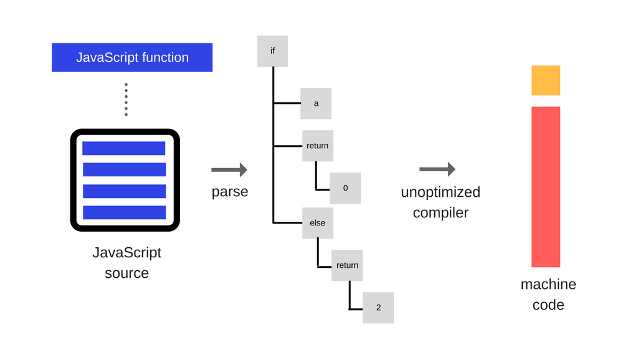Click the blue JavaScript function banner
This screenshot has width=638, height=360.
pyautogui.click(x=132, y=57)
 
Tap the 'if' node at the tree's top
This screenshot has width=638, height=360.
pyautogui.click(x=273, y=51)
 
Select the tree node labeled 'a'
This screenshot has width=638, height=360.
pyautogui.click(x=316, y=103)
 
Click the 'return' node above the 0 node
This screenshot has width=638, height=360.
pyautogui.click(x=318, y=146)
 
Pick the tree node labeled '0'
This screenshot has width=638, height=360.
pyautogui.click(x=345, y=188)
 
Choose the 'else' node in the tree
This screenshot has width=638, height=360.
pyautogui.click(x=318, y=223)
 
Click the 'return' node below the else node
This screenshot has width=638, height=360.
pyautogui.click(x=347, y=265)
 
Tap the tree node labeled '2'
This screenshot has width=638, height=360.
pyautogui.click(x=378, y=308)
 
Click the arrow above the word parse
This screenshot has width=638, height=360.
pyautogui.click(x=229, y=169)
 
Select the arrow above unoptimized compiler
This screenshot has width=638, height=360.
pyautogui.click(x=437, y=169)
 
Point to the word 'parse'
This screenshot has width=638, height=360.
pyautogui.click(x=230, y=192)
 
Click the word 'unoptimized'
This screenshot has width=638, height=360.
pyautogui.click(x=440, y=192)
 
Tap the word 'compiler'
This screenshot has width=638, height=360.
pyautogui.click(x=440, y=213)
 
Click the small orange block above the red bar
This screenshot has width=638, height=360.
pyautogui.click(x=546, y=80)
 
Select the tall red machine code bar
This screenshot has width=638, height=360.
pyautogui.click(x=546, y=187)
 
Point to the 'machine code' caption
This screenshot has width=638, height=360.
pyautogui.click(x=548, y=295)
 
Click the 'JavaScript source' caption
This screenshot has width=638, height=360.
pyautogui.click(x=126, y=262)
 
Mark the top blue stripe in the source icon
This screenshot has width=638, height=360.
pyautogui.click(x=124, y=148)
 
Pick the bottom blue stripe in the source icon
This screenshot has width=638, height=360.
pyautogui.click(x=124, y=212)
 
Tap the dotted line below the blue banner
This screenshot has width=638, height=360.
pyautogui.click(x=126, y=100)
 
